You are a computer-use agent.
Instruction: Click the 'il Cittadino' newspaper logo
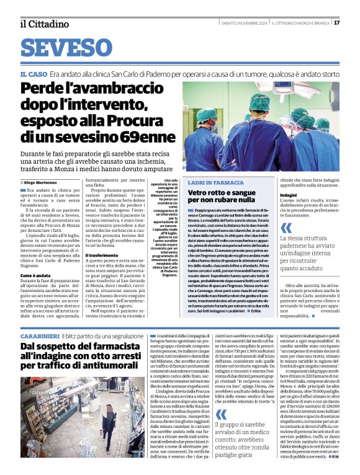click(45, 24)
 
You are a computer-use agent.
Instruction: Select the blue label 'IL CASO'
click(34, 74)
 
